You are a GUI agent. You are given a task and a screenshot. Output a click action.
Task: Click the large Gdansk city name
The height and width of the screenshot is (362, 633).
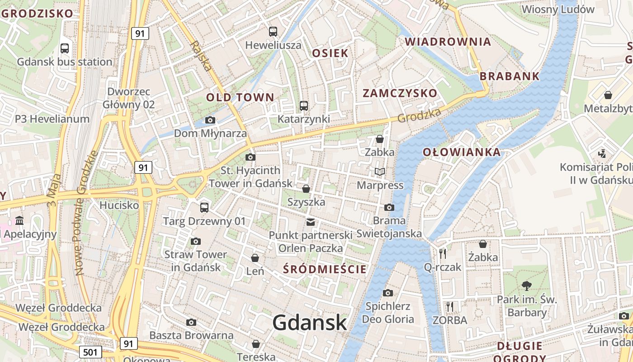tap(310, 323)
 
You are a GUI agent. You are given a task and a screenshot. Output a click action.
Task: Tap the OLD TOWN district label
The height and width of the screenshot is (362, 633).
tap(240, 97)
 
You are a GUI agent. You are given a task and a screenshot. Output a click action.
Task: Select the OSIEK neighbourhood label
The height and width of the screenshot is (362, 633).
tap(331, 53)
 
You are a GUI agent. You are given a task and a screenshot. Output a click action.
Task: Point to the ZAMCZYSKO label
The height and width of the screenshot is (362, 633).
tap(400, 94)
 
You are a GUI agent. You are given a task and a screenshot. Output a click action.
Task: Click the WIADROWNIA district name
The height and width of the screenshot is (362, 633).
tap(448, 42)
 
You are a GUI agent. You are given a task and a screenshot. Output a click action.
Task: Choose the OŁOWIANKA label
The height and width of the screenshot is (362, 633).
tap(462, 152)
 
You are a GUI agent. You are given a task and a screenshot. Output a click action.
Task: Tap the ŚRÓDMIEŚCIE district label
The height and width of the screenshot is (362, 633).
tap(325, 269)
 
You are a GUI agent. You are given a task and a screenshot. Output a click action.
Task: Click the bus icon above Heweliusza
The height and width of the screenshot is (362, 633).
tap(273, 32)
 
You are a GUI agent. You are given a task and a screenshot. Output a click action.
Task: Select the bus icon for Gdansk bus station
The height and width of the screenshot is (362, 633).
tap(65, 48)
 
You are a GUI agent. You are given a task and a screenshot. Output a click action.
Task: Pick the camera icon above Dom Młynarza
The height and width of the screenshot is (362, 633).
tap(210, 120)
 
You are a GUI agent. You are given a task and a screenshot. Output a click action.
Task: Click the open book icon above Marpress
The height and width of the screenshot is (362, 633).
tap(380, 172)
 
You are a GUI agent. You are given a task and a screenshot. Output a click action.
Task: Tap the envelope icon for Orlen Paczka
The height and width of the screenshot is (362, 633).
tap(311, 222)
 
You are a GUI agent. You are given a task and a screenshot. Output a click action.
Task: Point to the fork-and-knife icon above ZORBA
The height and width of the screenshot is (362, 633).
tap(449, 307)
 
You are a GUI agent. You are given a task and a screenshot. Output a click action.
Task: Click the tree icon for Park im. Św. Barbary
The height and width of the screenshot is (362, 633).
tap(526, 286)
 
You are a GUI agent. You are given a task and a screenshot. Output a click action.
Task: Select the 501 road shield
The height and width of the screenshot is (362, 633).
tap(90, 352)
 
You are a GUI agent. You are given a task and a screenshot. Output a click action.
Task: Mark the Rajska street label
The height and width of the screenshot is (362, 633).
tap(201, 56)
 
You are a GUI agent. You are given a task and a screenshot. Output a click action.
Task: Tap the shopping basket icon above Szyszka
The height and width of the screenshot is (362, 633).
tap(306, 188)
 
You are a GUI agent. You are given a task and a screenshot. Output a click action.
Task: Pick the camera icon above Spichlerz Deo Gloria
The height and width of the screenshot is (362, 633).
tap(387, 293)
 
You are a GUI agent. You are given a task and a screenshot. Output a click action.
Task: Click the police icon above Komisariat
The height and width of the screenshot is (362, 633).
tap(602, 154)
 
